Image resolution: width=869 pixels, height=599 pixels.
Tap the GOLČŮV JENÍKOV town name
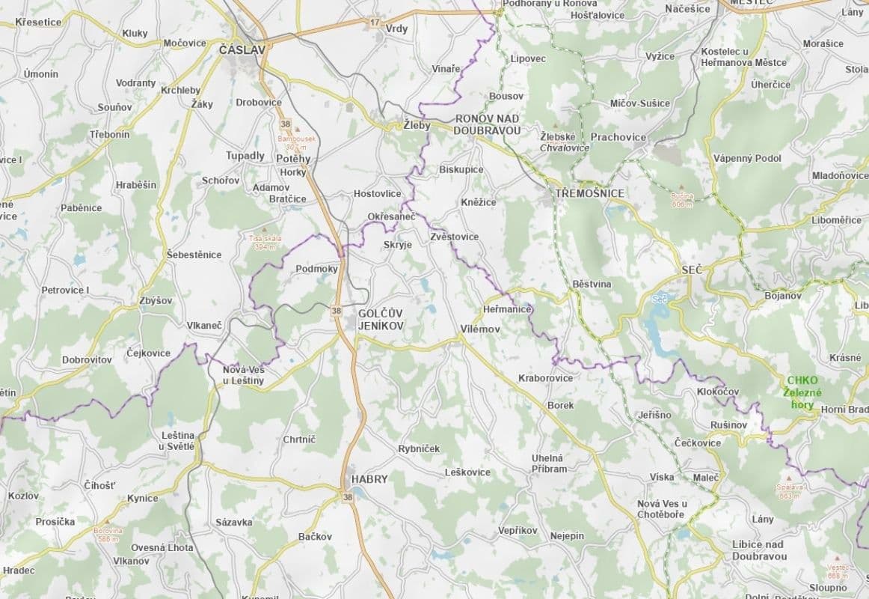pos(381,320)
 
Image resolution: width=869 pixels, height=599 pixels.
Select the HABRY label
pos(369,479)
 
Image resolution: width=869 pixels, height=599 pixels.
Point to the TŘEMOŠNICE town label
pos(589,193)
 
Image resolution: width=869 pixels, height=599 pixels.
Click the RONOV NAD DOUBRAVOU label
pos(488,124)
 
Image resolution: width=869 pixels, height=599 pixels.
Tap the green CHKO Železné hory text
pos(802,392)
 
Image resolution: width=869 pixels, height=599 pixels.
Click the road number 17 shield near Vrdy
pos(375,22)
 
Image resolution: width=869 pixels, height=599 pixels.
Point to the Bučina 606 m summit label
pos(682,199)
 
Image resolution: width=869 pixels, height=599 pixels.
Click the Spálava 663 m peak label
pos(791,490)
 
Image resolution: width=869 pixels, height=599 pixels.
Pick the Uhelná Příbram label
pos(549,463)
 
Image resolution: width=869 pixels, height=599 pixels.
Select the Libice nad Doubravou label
pos(758,550)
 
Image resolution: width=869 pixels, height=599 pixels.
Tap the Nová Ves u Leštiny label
pos(243,375)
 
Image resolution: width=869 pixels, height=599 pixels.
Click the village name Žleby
pos(417,126)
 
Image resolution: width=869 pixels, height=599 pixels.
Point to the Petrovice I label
pos(65,290)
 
